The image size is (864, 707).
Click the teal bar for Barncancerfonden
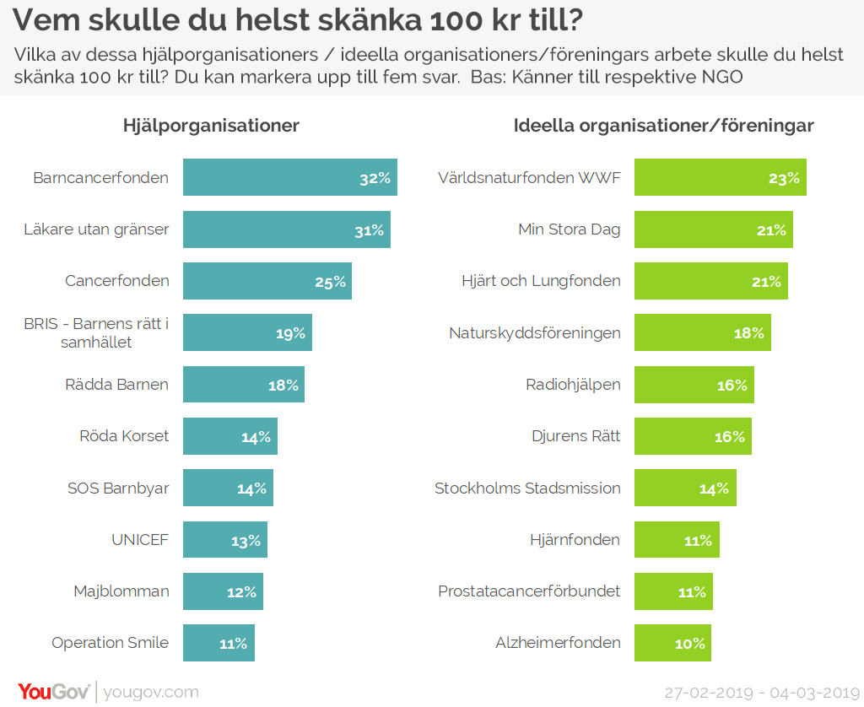289,177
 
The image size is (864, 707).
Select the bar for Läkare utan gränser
286,229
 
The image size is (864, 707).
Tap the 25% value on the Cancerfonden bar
331,282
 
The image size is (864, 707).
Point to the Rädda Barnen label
116,385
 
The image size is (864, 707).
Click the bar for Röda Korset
229,436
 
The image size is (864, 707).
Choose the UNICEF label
140,540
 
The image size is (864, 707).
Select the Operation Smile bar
219,643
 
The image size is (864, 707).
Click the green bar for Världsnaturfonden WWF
720,177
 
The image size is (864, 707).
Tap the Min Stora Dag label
570,229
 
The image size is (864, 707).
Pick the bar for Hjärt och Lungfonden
710,281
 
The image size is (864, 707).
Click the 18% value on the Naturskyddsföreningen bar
748,333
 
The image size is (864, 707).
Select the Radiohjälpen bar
694,385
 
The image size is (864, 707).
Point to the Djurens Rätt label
575,436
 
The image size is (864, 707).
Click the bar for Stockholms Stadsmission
685,488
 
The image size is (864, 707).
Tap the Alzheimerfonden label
558,643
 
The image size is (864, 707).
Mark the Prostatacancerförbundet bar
673,591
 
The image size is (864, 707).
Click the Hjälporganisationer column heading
211,126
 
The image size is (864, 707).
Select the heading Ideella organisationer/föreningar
663,126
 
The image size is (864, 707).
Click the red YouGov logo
54,692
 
